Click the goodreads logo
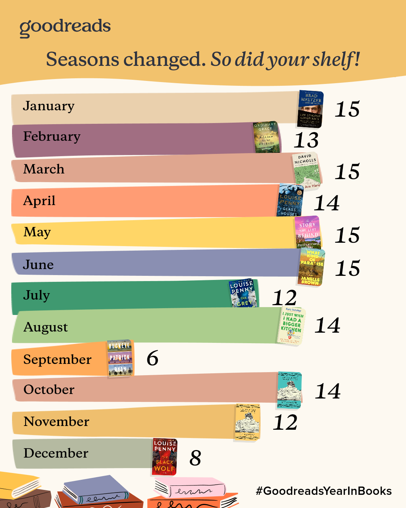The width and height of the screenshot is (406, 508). pyautogui.click(x=65, y=27)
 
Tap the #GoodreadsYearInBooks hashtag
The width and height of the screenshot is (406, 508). pyautogui.click(x=324, y=491)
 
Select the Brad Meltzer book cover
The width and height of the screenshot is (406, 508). pyautogui.click(x=311, y=109)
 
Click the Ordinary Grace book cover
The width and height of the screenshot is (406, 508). pyautogui.click(x=267, y=137)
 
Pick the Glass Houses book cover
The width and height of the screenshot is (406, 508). pyautogui.click(x=290, y=201)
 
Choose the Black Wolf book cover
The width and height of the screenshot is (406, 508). pyautogui.click(x=165, y=456)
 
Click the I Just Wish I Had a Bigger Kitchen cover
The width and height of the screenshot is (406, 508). pyautogui.click(x=291, y=325)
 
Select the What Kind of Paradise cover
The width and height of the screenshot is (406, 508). pyautogui.click(x=312, y=267)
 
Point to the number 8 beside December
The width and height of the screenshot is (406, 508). pyautogui.click(x=195, y=458)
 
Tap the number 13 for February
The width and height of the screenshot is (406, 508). pyautogui.click(x=306, y=140)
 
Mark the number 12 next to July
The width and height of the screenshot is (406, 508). pyautogui.click(x=285, y=298)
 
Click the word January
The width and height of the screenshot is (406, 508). pyautogui.click(x=48, y=106)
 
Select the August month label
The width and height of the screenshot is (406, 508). pyautogui.click(x=45, y=327)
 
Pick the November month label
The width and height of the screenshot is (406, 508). pyautogui.click(x=56, y=421)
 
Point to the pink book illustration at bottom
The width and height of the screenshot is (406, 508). pyautogui.click(x=190, y=487)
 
